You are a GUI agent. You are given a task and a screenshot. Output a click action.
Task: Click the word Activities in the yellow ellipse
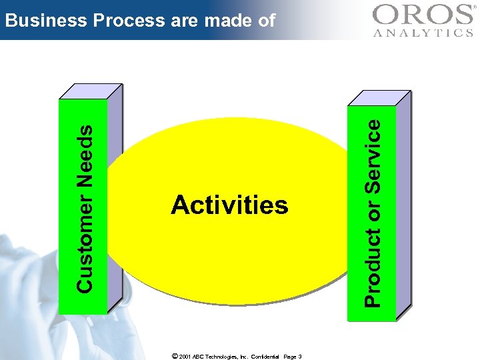(x=229, y=205)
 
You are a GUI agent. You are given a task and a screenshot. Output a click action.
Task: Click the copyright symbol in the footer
(x=175, y=356)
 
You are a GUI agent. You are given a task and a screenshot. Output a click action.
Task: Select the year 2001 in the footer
(x=186, y=357)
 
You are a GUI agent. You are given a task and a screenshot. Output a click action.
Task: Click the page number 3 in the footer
(x=300, y=357)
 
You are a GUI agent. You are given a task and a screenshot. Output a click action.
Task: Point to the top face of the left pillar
(x=91, y=91)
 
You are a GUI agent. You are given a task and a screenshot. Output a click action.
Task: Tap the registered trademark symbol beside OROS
(x=474, y=7)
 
